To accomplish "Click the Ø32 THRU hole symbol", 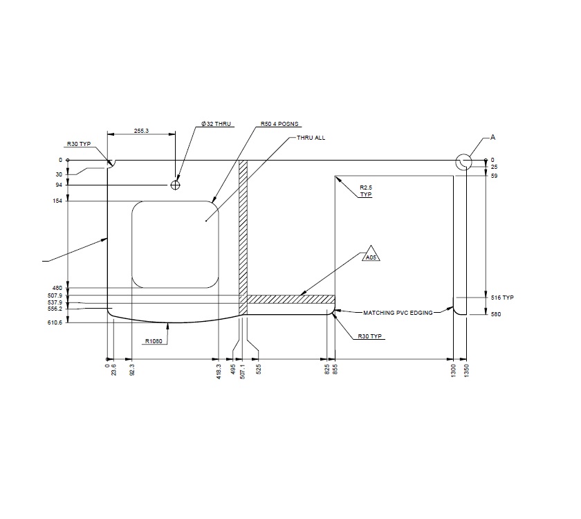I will [x=176, y=185].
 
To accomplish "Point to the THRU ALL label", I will [x=311, y=138].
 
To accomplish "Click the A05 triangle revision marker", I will [x=371, y=255].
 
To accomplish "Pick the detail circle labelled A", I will [x=463, y=162].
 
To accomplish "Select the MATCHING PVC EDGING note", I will [x=398, y=313].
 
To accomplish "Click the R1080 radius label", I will [x=154, y=340].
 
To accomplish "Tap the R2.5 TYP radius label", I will [x=366, y=191].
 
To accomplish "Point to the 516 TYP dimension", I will [x=503, y=297].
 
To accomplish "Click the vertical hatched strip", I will [x=243, y=235].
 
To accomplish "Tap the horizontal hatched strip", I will [x=290, y=299].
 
